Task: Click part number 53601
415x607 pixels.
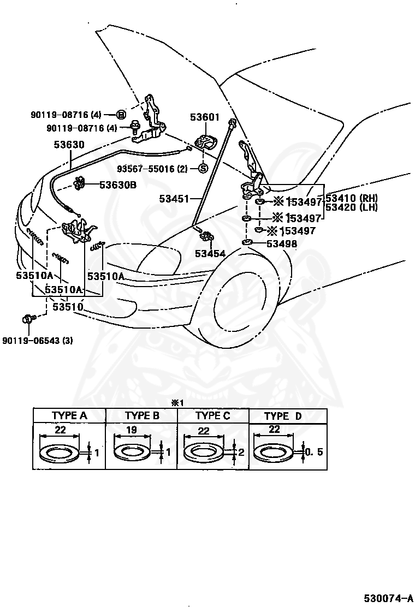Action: pyautogui.click(x=204, y=117)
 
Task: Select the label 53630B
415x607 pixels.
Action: pyautogui.click(x=117, y=185)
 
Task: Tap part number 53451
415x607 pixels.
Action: pyautogui.click(x=174, y=199)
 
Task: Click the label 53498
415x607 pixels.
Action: pyautogui.click(x=282, y=243)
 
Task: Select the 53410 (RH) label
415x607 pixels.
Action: pyautogui.click(x=352, y=198)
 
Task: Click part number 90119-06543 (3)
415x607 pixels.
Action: pyautogui.click(x=37, y=340)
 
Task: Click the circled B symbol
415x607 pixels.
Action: pyautogui.click(x=121, y=114)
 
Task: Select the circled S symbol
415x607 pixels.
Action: pyautogui.click(x=202, y=168)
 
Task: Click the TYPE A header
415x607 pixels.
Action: pyautogui.click(x=69, y=415)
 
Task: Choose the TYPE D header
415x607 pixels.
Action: pyautogui.click(x=283, y=416)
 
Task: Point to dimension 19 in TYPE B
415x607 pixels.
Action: pyautogui.click(x=131, y=430)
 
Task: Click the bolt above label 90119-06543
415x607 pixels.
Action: pyautogui.click(x=28, y=318)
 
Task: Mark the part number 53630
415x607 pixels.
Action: pyautogui.click(x=69, y=145)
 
